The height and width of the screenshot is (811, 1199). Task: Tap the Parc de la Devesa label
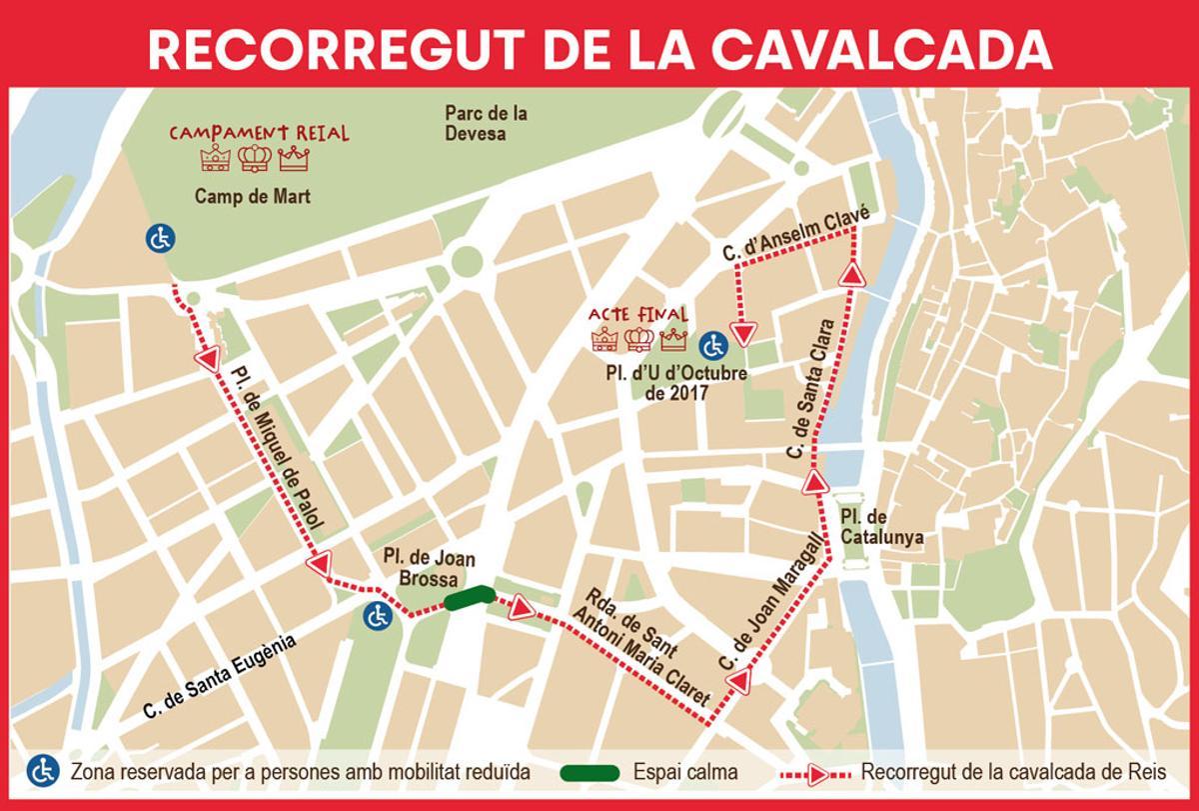(x=486, y=123)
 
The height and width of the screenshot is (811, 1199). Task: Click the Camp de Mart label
(x=252, y=196)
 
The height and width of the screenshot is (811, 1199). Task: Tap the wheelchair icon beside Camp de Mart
(x=160, y=238)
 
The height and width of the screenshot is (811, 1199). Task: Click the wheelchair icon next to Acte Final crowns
(x=712, y=345)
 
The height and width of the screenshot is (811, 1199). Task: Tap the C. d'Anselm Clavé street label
(x=800, y=236)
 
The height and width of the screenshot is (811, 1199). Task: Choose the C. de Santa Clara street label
(x=808, y=389)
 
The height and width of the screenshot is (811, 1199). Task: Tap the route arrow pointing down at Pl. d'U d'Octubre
(x=742, y=331)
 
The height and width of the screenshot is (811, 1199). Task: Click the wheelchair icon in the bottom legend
(x=42, y=772)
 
